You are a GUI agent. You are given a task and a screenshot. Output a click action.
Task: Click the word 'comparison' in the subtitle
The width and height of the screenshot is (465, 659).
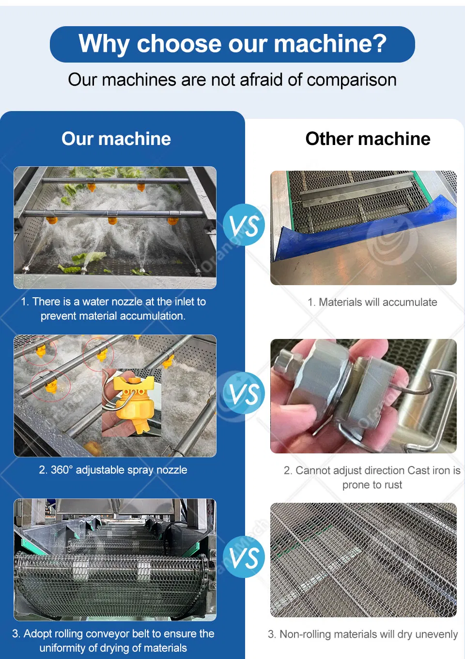point(352,80)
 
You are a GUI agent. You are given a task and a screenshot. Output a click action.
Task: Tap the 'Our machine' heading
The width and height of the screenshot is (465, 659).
point(116,138)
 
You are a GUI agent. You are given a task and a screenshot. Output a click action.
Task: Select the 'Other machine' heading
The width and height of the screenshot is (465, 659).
point(368,138)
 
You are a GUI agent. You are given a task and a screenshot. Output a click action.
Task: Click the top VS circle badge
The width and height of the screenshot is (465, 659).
point(244,225)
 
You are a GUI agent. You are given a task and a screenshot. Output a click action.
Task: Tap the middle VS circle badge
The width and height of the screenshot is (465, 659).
point(244,393)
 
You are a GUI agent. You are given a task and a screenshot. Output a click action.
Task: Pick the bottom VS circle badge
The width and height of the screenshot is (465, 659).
point(244,557)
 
